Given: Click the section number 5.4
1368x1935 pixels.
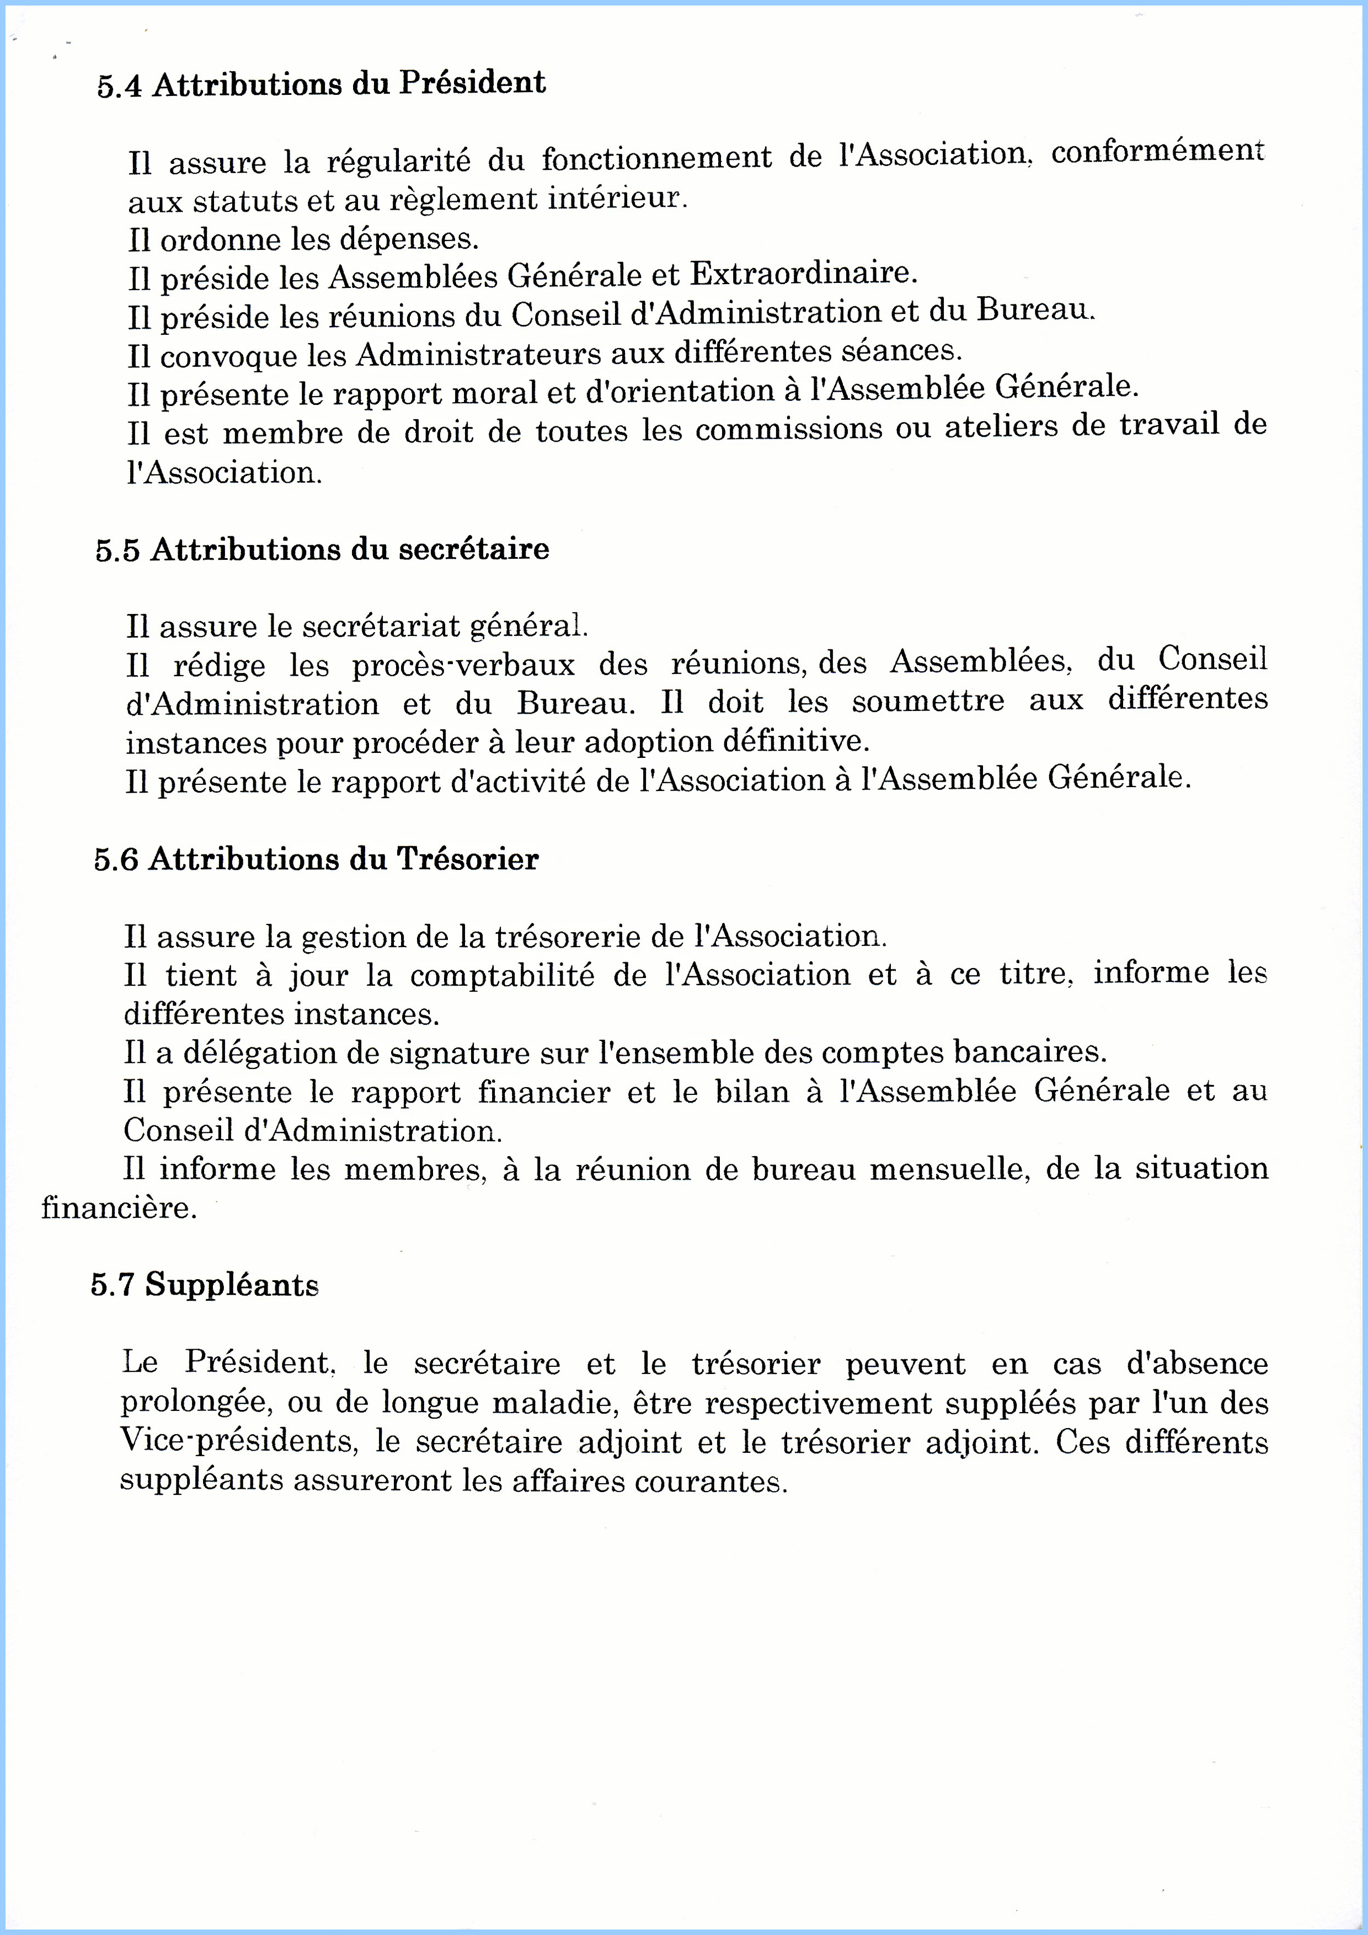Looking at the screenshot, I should [119, 87].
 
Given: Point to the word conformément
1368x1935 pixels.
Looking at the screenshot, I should [1157, 152].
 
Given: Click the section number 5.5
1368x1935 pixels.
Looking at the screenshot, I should [117, 551].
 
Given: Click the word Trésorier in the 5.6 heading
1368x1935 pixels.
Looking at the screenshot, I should [467, 859].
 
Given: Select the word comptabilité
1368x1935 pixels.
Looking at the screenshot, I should [503, 976].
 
